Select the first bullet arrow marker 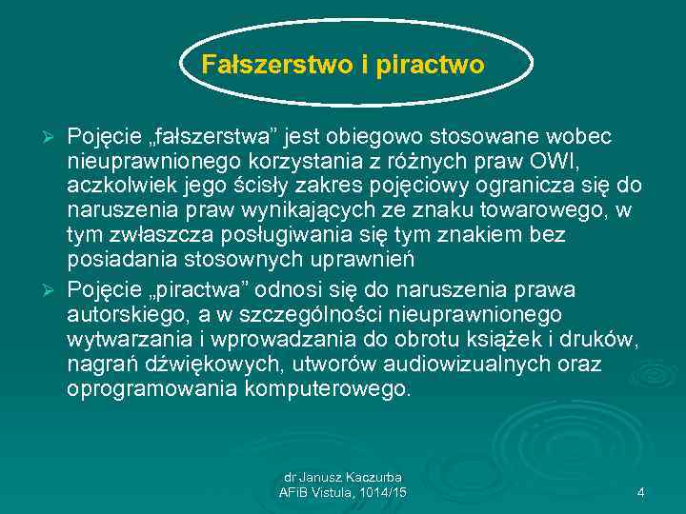point(53,138)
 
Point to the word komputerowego point(330,389)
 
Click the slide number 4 point(640,492)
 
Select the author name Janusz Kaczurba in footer point(355,477)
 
